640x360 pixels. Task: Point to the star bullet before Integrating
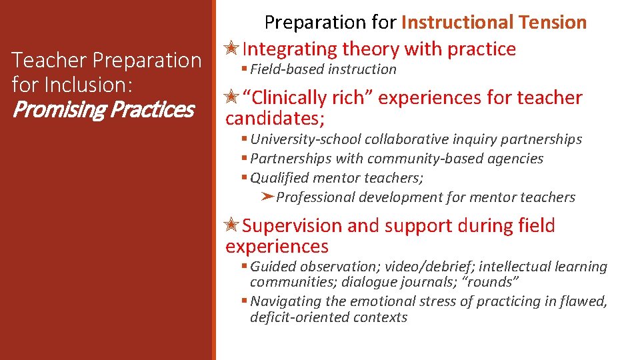tap(233, 49)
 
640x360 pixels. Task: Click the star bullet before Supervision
tap(233, 226)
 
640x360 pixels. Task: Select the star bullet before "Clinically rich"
tap(233, 98)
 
